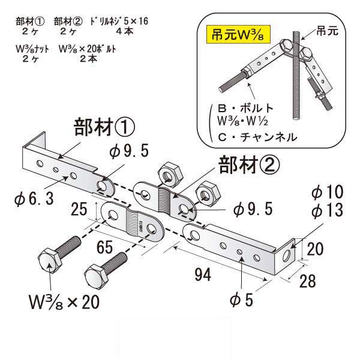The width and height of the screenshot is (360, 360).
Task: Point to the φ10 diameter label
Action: [326, 193]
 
